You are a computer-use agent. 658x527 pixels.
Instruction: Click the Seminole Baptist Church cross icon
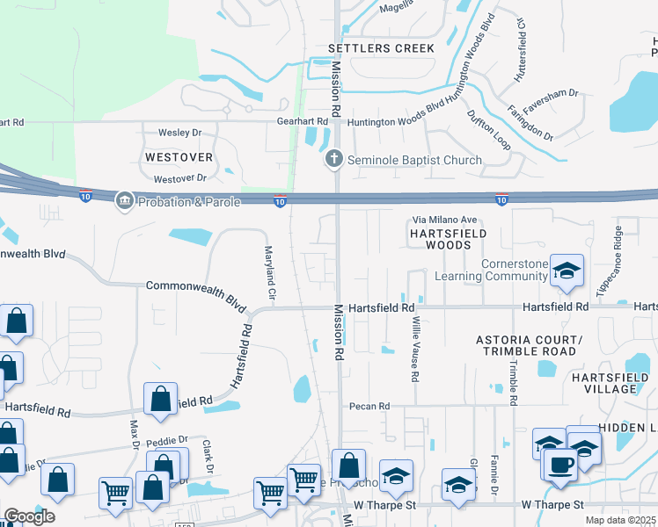pyautogui.click(x=333, y=159)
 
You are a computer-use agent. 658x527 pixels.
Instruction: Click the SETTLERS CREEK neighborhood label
pyautogui.click(x=381, y=48)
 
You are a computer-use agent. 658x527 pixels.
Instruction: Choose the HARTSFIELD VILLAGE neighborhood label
pyautogui.click(x=615, y=382)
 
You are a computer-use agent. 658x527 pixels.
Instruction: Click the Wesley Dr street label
pyautogui.click(x=179, y=133)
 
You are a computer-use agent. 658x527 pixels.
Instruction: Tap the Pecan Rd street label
pyautogui.click(x=369, y=407)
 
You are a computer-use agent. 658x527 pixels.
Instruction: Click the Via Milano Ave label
pyautogui.click(x=444, y=220)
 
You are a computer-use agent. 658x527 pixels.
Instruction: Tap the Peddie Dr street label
pyautogui.click(x=169, y=439)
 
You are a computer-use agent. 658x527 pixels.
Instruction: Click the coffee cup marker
pyautogui.click(x=559, y=463)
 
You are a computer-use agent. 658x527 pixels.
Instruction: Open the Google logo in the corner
pyautogui.click(x=29, y=516)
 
